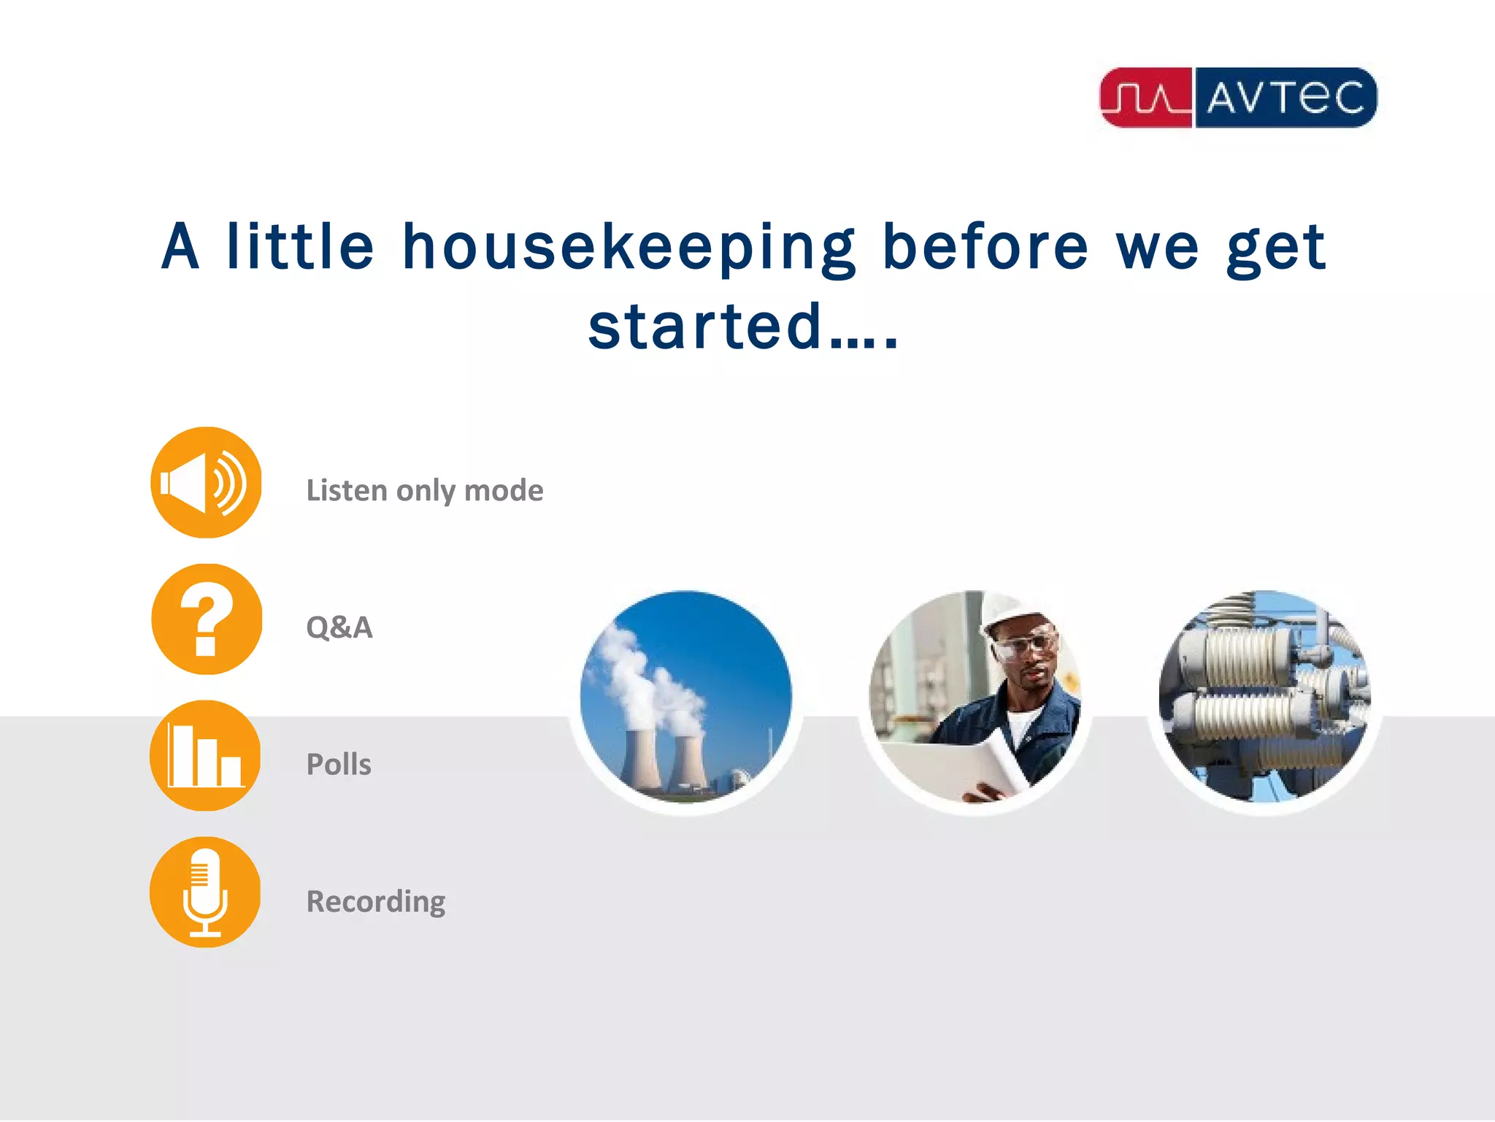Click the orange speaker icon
point(206,483)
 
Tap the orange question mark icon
point(207,619)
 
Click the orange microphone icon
point(205,893)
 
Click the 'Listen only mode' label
point(424,491)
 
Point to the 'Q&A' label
point(339,627)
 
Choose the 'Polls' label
point(339,765)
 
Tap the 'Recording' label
point(376,901)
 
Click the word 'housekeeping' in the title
point(629,248)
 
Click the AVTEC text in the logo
point(1285,98)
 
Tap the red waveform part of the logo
point(1145,98)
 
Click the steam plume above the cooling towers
point(642,672)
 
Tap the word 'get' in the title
point(1275,248)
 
